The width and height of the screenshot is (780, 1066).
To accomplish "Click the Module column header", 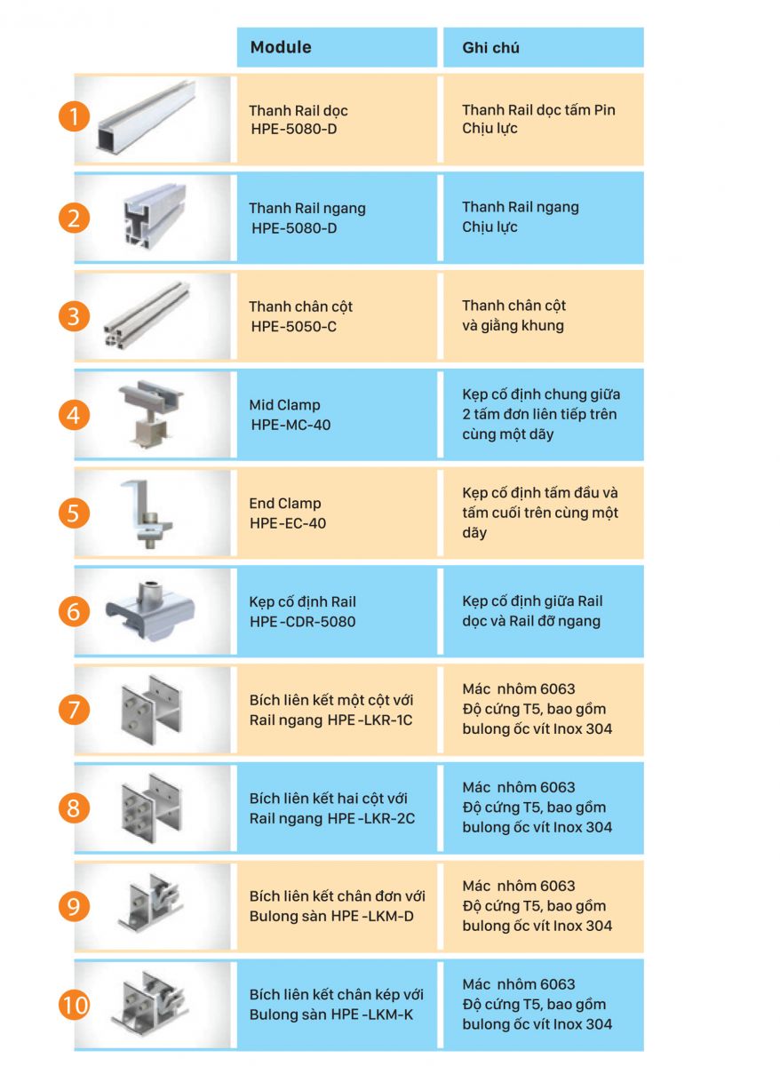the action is coord(281,47).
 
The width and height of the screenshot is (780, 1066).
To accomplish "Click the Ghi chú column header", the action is coord(490,48).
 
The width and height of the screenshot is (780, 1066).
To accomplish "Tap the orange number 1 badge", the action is coord(74,116).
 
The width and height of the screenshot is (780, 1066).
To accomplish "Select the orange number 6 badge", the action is coord(74,610).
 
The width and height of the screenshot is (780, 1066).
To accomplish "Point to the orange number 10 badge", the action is coord(74,1005).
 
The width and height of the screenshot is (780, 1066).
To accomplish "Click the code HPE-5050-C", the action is coord(294,327).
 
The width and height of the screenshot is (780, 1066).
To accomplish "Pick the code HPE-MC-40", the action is coord(291,425).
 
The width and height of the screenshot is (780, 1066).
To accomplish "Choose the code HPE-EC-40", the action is coord(288,523).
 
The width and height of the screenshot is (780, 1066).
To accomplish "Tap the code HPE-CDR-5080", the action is coord(302,622).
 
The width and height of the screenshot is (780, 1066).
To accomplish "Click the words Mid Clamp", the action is coord(284,405).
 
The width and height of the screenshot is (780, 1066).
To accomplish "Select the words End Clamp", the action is coord(285,503).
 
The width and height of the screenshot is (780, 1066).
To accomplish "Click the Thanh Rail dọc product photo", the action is coord(147,117).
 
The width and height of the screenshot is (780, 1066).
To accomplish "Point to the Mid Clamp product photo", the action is coord(151,413).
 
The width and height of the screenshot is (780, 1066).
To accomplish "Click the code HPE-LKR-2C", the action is coord(371,818).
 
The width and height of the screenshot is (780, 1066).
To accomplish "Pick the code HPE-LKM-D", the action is coord(372,916).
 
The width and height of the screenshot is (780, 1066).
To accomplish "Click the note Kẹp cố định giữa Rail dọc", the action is coord(532,611).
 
